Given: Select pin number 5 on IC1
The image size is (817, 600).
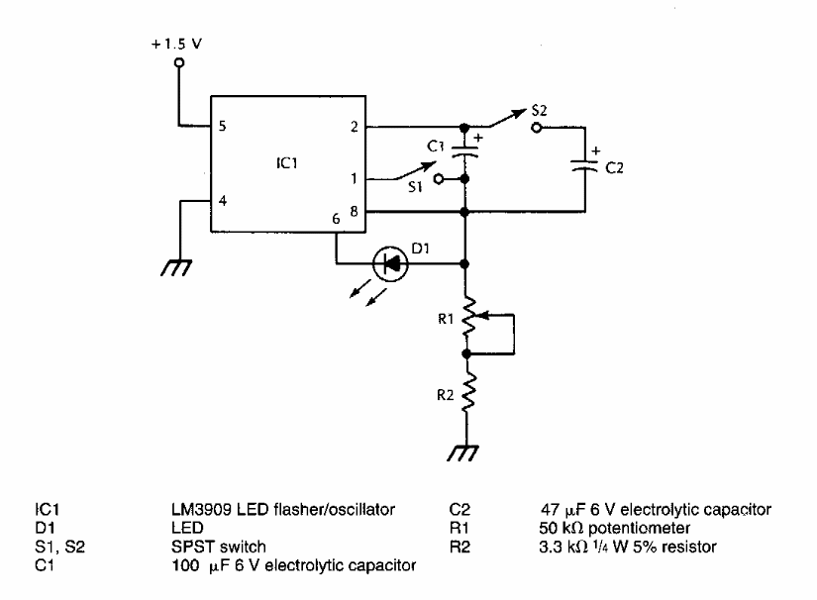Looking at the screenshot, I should coord(222,127).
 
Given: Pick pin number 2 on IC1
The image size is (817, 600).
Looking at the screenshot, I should coord(353,127).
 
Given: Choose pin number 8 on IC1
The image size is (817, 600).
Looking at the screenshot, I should coord(353,211).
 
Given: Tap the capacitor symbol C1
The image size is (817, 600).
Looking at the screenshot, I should coord(465,151).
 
